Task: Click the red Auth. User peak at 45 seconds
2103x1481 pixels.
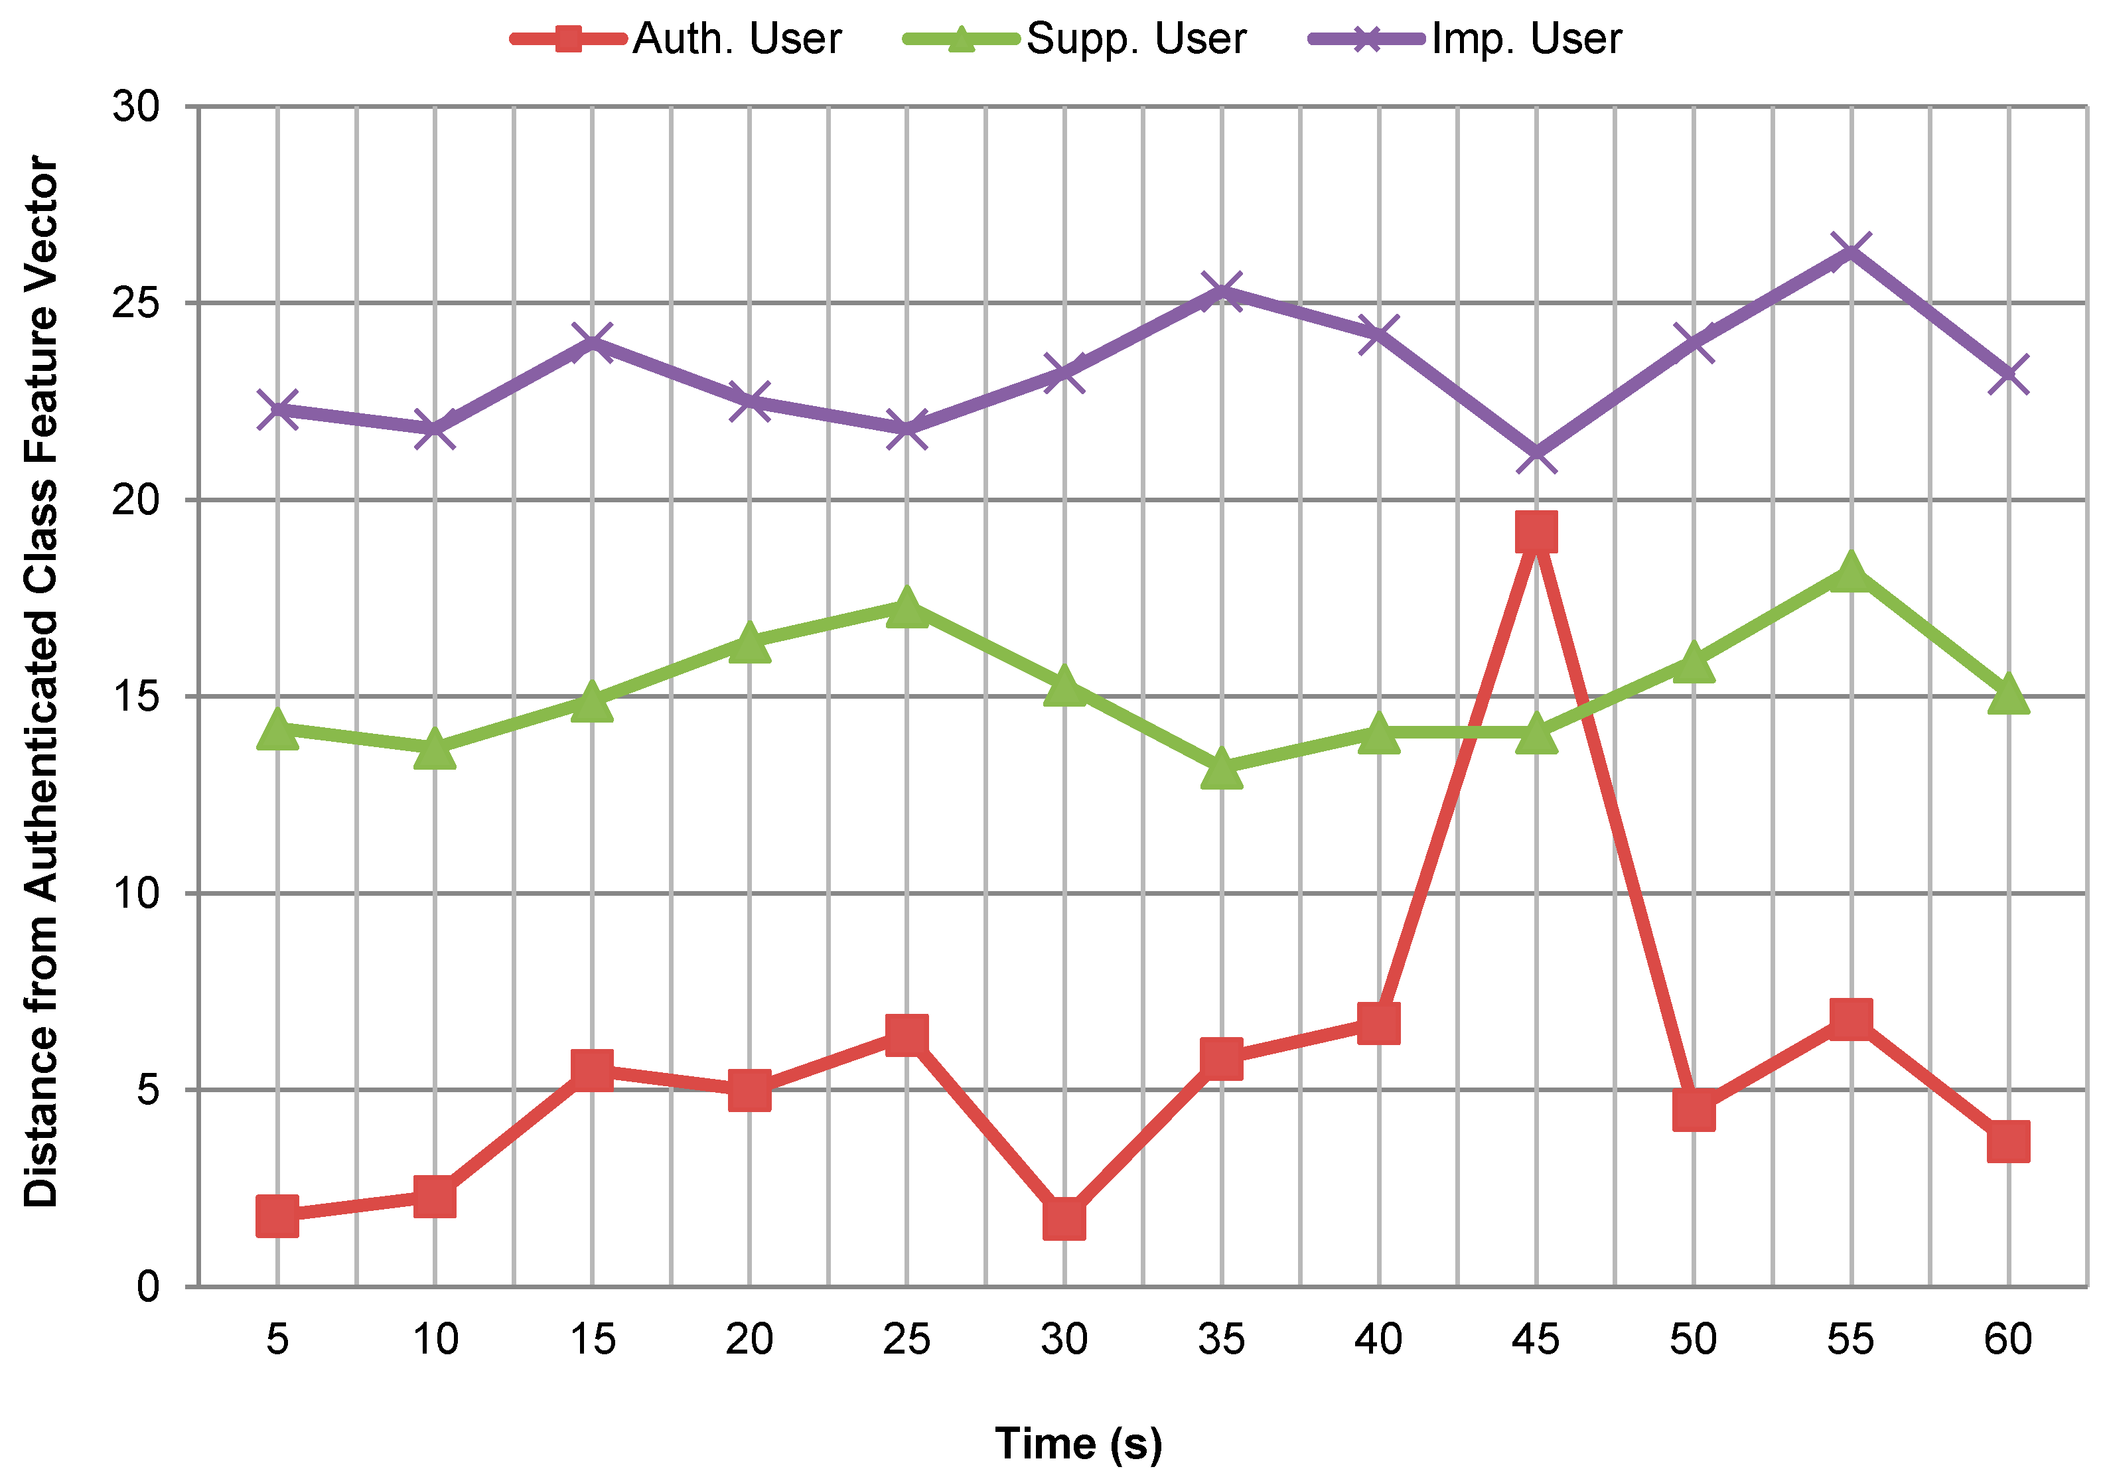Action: coord(1536,532)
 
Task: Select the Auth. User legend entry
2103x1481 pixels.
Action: coord(676,38)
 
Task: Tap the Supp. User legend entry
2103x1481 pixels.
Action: coord(1075,38)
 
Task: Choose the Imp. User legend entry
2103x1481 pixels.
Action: coord(1465,38)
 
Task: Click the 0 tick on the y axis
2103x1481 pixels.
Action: coord(149,1287)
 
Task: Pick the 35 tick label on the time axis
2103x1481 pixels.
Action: coord(1221,1340)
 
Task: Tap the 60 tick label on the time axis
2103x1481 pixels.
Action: coord(2007,1340)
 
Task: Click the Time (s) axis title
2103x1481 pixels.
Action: coord(1078,1443)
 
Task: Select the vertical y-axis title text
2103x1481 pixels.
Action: coord(41,681)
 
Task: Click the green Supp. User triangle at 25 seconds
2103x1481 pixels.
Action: coord(906,607)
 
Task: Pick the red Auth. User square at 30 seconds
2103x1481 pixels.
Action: coord(1064,1219)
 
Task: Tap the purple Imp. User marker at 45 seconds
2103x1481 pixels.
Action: coord(1536,455)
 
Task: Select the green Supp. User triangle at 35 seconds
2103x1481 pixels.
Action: coord(1221,769)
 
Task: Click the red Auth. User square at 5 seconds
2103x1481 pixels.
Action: coord(277,1216)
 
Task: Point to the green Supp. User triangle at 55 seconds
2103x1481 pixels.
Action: coord(1851,573)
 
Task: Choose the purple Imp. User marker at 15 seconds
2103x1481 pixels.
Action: coord(593,342)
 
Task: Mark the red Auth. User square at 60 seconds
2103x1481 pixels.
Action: coord(2007,1141)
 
